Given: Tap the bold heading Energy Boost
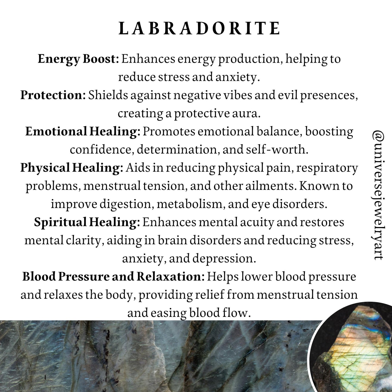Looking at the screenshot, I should (78, 59).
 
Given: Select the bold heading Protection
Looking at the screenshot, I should (53, 95).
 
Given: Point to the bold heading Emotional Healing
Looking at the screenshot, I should (83, 132).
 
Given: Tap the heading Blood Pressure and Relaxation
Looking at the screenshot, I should (113, 277).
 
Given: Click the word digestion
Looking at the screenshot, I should (126, 204).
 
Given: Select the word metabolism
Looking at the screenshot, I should (190, 204).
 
